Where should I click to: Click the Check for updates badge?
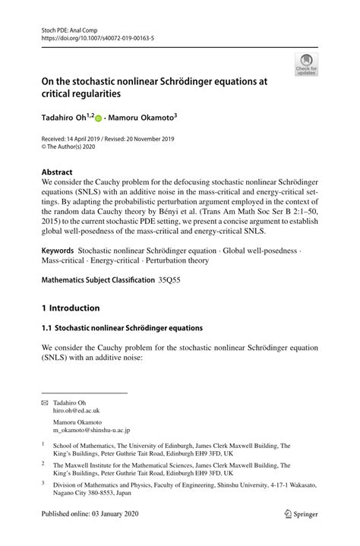(x=307, y=65)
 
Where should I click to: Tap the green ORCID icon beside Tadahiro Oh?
(x=99, y=118)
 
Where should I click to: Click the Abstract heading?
(x=58, y=172)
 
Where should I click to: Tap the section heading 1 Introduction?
(x=71, y=308)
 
